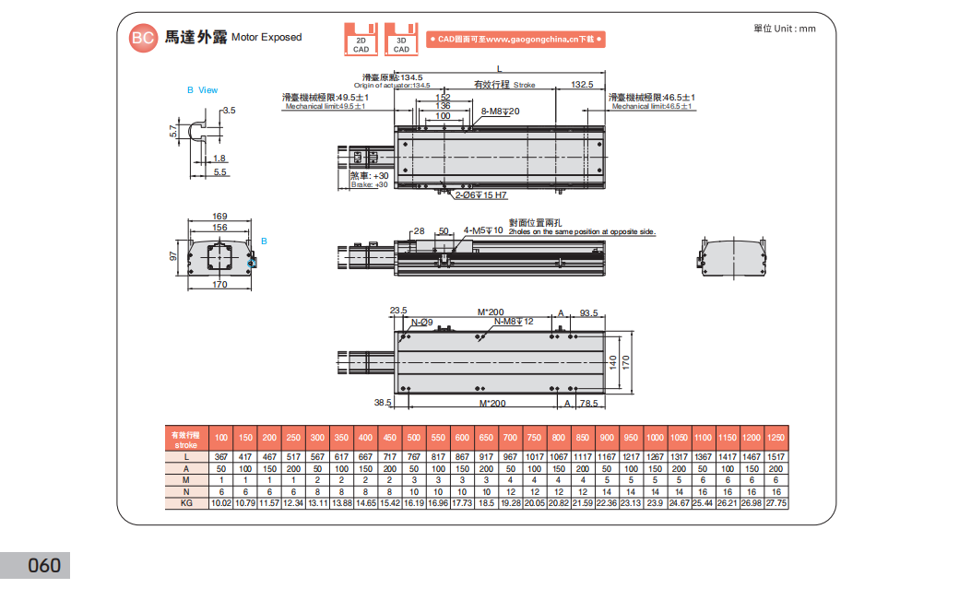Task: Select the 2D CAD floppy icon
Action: (361, 39)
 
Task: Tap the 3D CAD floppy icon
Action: (401, 39)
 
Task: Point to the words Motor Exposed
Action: (266, 38)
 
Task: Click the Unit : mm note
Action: (785, 29)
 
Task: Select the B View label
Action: (203, 90)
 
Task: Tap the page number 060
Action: (43, 565)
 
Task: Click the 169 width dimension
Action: (219, 217)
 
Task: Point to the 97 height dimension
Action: (172, 256)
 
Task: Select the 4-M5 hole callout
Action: (483, 230)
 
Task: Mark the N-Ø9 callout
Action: (421, 322)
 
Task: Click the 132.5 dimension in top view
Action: (581, 85)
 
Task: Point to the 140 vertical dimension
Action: (612, 362)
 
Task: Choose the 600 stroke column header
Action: (462, 437)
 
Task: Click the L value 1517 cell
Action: (775, 457)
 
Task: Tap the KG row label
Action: (185, 503)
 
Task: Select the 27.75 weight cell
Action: (775, 503)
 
